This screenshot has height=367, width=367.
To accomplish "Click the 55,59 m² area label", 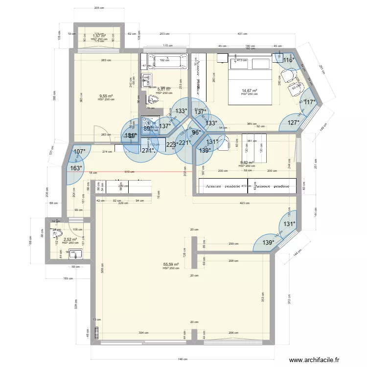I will pos(170,265).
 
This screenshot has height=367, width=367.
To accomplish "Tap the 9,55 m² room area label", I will pos(106,96).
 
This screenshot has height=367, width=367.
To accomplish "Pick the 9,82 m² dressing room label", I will pos(247,163).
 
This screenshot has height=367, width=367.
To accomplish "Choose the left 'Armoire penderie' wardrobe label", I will pos(223,186).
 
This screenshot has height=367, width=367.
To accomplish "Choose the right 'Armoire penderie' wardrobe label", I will pos(272,186).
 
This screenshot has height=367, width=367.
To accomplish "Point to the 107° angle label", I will pos(79,152).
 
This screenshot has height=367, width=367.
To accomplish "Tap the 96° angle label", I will pos(196,132).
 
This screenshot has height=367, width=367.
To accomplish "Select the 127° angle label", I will pos(293,123).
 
